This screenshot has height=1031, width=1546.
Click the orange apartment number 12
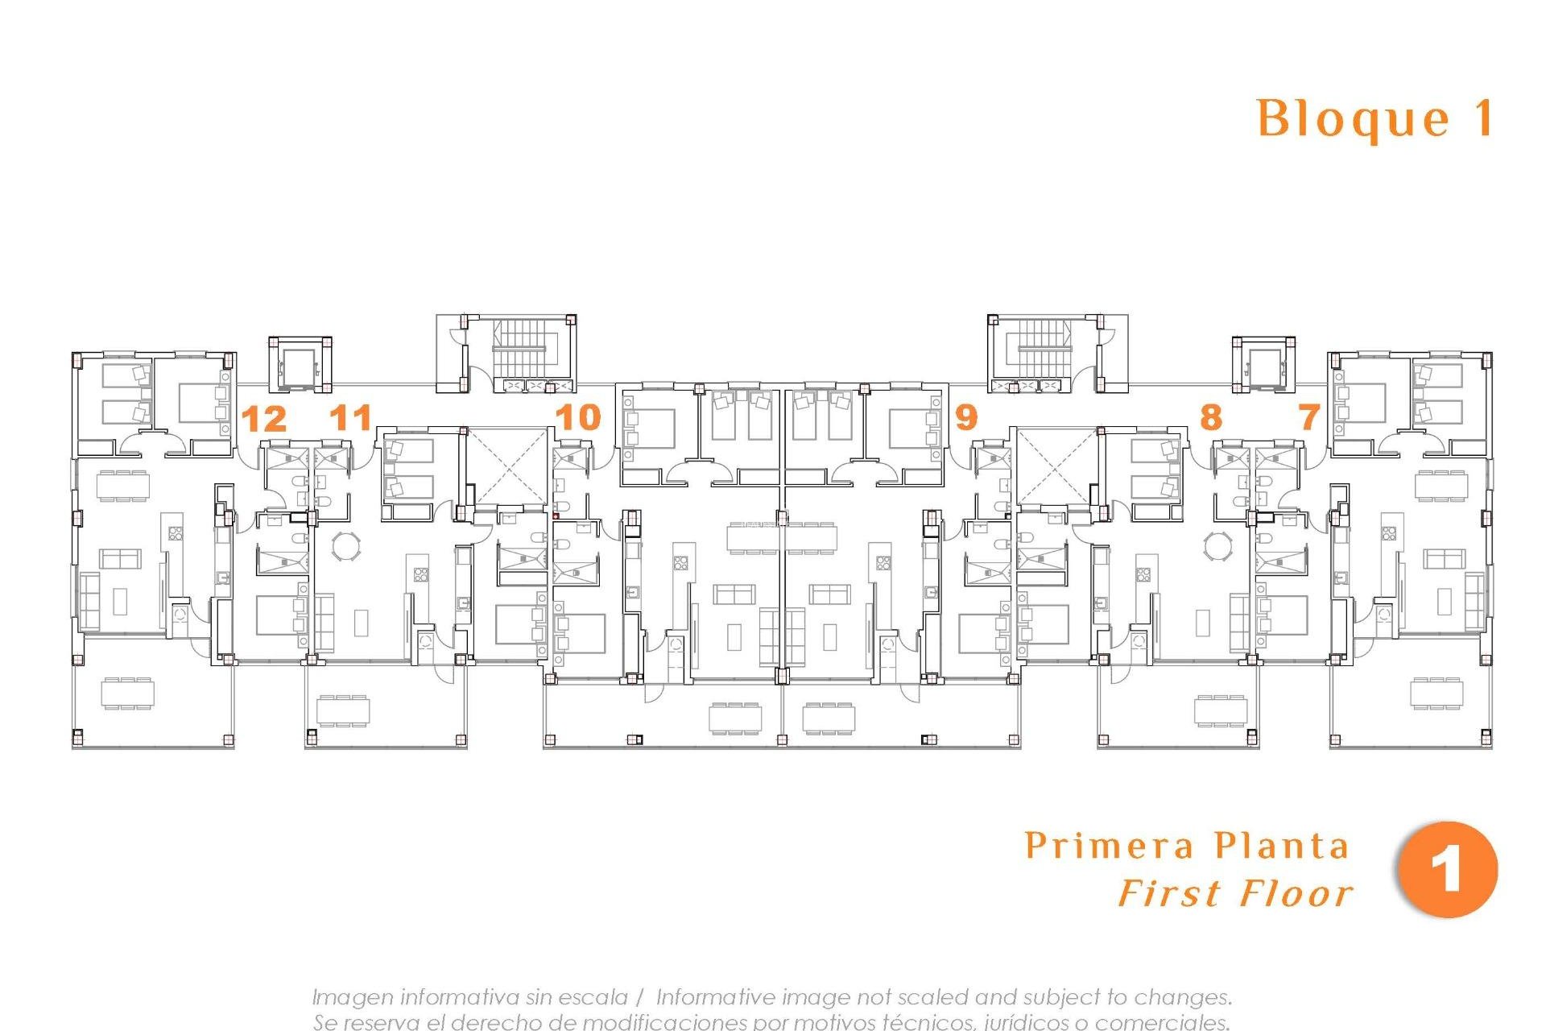(264, 419)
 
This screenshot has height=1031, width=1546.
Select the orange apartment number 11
(351, 417)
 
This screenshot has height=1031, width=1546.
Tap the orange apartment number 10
(578, 417)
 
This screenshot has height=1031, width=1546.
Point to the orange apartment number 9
(965, 417)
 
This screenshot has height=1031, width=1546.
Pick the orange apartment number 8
(1210, 417)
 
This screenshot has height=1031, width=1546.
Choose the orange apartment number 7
(1309, 417)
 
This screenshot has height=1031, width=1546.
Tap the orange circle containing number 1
(1447, 870)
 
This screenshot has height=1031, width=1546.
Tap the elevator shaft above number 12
(300, 366)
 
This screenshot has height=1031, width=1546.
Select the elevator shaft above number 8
(1263, 366)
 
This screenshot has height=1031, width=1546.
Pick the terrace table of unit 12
(127, 693)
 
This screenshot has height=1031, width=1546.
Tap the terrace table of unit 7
(1436, 693)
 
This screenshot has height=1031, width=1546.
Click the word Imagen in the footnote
(353, 997)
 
